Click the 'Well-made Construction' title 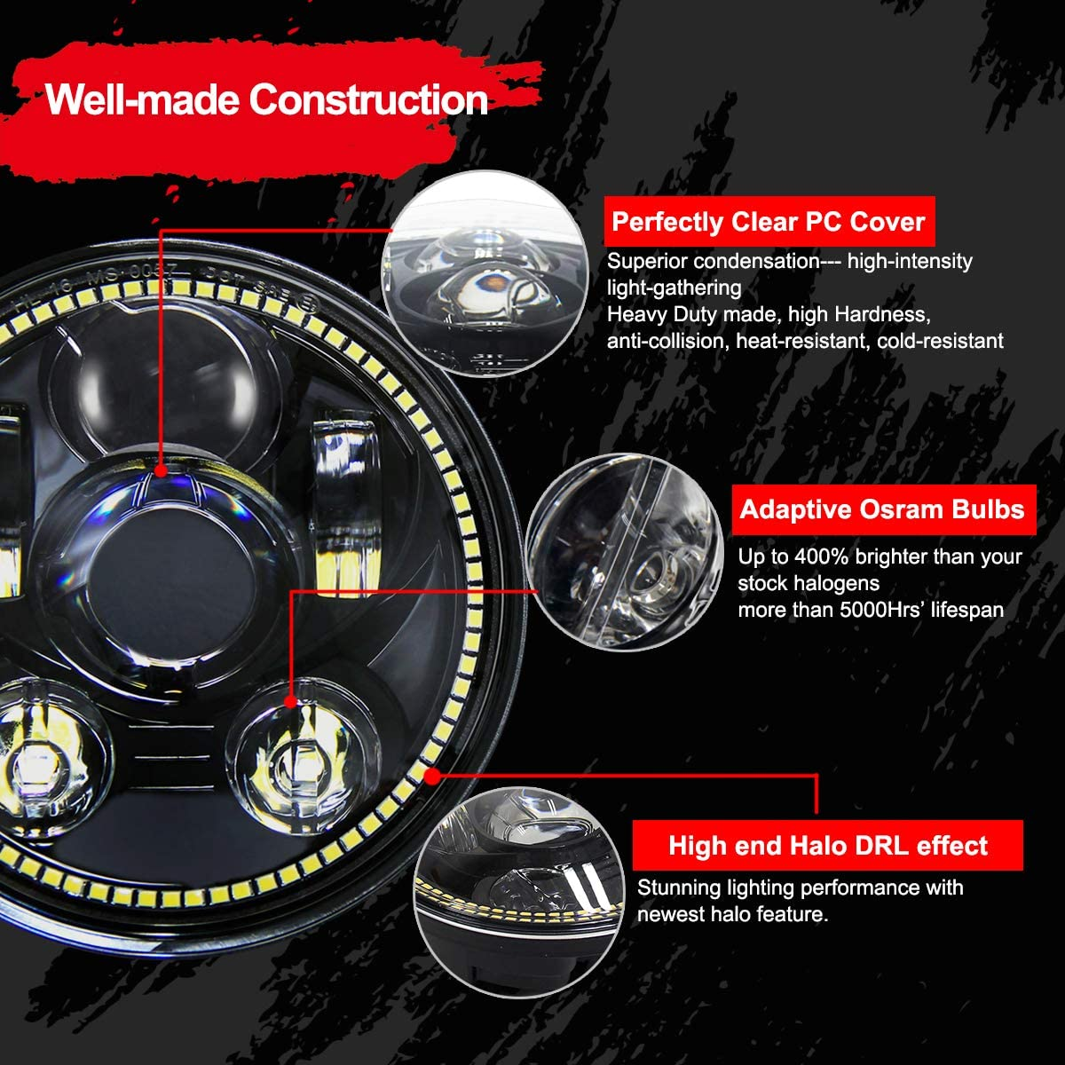266,99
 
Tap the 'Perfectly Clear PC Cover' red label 769,222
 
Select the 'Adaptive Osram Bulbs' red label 882,509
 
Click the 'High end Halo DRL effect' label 827,845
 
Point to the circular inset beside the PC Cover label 485,273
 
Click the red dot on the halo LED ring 432,776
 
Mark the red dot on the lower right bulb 290,701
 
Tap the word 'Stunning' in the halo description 678,887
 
